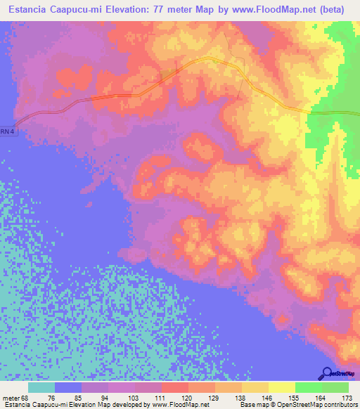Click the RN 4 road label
6,131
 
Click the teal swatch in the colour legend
41,387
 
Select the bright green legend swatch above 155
308,387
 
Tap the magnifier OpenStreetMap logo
328,374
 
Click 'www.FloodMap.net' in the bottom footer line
179,405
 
